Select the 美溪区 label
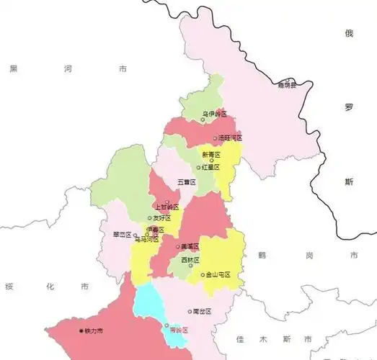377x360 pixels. [190, 246]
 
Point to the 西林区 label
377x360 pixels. [190, 259]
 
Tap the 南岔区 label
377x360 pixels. [203, 312]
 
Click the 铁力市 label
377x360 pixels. [94, 330]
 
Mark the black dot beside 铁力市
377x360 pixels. [81, 330]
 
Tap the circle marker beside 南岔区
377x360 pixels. [190, 312]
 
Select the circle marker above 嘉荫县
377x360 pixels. [288, 80]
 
